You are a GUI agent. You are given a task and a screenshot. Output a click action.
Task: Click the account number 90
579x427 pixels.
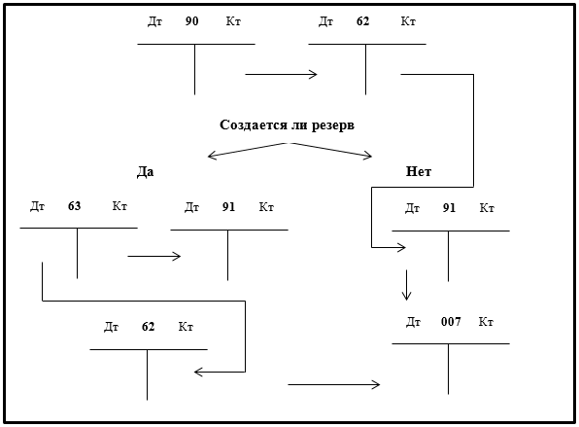[191, 21]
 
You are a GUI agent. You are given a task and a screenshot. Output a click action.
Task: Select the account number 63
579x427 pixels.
[74, 206]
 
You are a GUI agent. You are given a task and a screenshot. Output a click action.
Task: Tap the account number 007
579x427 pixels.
[451, 322]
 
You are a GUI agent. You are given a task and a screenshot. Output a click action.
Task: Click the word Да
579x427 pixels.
[145, 171]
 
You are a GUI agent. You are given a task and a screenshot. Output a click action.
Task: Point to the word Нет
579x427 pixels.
[419, 171]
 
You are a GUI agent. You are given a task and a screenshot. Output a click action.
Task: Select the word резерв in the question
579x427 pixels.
[333, 125]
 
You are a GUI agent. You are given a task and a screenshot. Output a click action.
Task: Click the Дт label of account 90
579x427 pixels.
[155, 21]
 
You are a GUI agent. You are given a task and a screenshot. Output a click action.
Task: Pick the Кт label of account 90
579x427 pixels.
[233, 21]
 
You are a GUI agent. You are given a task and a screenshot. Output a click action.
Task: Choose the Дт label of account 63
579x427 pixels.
[37, 206]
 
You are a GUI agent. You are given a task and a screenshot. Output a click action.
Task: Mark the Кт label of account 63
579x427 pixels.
[119, 206]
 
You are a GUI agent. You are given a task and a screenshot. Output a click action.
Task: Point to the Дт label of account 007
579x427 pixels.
[413, 322]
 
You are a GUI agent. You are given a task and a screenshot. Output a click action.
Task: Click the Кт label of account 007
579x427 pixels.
[486, 322]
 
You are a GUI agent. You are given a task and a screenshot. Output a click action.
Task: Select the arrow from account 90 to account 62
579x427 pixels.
[281, 74]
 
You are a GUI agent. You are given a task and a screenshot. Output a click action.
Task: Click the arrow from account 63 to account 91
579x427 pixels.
[154, 256]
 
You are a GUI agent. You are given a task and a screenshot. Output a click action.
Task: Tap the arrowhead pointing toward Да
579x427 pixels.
[212, 156]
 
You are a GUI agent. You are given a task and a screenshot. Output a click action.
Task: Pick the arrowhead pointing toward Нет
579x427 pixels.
[368, 156]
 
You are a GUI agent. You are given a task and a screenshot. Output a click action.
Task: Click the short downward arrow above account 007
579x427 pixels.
[406, 285]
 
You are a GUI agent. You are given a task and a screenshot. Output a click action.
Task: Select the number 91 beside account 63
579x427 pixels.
[228, 207]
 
